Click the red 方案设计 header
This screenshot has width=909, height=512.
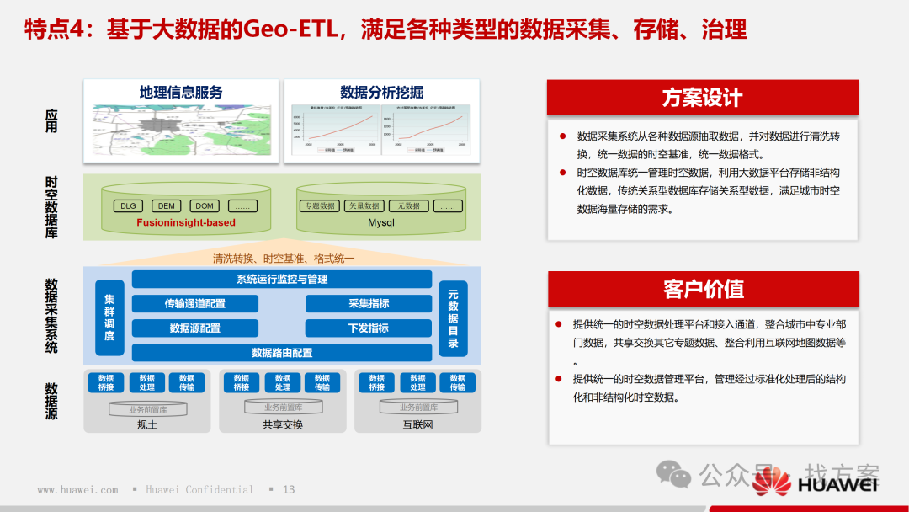click(702, 98)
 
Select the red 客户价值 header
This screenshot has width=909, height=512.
click(702, 289)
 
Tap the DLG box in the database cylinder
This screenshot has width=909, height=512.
click(128, 206)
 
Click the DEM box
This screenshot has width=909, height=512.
click(166, 206)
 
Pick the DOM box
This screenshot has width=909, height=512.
click(205, 206)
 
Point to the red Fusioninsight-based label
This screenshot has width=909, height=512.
click(186, 223)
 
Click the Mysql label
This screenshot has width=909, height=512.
click(380, 223)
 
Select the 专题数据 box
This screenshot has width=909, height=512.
click(320, 206)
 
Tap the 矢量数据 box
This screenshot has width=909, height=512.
click(364, 206)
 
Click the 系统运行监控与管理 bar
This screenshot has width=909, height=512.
click(282, 279)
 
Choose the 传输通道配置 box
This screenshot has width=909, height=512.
click(195, 303)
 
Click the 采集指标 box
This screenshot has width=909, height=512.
click(368, 303)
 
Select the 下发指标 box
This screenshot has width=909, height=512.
click(368, 328)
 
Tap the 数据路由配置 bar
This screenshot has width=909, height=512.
click(282, 353)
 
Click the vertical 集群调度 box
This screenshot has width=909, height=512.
click(109, 317)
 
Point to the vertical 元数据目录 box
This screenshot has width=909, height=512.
click(453, 317)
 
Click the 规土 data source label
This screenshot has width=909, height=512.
click(147, 424)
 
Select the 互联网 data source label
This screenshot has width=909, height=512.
click(417, 424)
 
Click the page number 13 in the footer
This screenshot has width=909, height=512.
click(289, 489)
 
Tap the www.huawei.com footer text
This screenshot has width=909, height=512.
click(77, 489)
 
